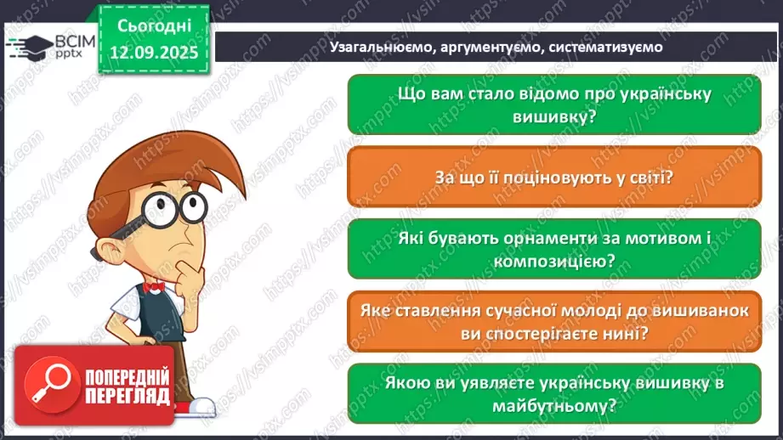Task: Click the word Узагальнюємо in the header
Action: pos(382,48)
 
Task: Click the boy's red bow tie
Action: pos(154,287)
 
